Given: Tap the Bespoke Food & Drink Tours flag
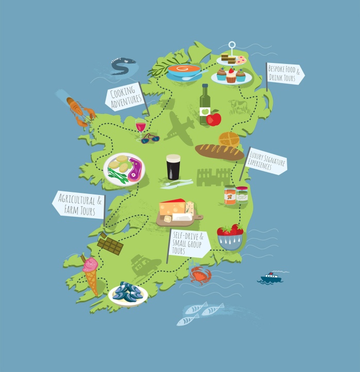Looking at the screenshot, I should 284,74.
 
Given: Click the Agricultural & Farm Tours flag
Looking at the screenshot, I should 79,204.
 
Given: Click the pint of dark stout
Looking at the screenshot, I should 173,167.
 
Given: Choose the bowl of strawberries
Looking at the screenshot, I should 230,236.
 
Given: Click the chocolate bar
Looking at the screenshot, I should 110,244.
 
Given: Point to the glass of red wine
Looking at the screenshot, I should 140,125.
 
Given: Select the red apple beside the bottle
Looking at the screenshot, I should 214,119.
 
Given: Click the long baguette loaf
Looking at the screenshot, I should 219,152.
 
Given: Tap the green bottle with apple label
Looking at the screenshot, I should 205,105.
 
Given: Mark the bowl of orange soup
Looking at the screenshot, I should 184,71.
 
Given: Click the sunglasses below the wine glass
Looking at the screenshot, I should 151,138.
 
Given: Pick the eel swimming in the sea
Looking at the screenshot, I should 123,66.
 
